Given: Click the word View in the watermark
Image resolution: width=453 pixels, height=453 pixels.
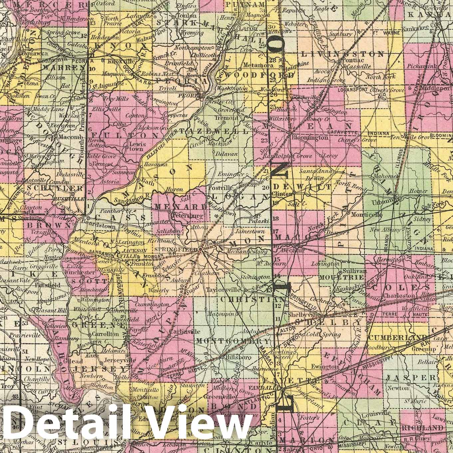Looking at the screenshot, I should tap(196, 423).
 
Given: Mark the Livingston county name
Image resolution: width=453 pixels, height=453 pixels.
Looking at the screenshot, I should tap(342, 54).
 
